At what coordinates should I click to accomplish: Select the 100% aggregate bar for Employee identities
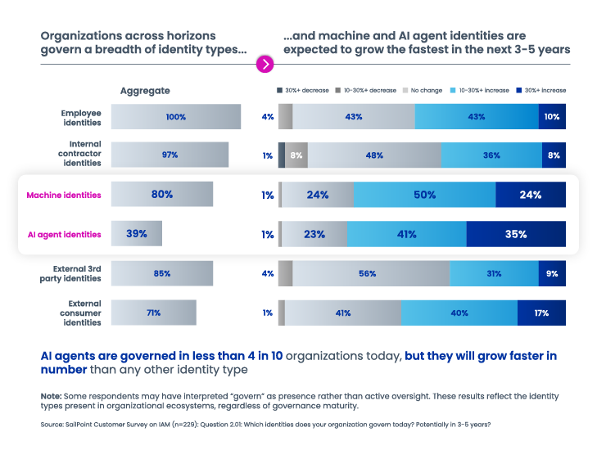tap(175, 117)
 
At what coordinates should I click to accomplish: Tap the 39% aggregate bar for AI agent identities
tap(136, 234)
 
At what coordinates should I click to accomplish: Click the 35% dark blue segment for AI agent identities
tap(516, 234)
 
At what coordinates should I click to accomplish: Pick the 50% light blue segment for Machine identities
tap(424, 195)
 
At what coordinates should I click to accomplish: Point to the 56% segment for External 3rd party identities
tap(371, 273)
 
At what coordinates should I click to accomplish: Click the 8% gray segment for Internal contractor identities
tap(296, 155)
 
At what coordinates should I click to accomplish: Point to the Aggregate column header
tap(145, 91)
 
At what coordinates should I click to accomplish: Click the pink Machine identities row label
tap(64, 195)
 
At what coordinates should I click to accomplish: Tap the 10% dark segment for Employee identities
tap(552, 117)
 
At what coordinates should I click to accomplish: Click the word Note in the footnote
tap(51, 395)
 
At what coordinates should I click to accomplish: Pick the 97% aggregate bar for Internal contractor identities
tap(170, 155)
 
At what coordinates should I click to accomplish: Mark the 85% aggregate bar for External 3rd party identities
tap(161, 273)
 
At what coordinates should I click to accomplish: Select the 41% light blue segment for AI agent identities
tap(406, 234)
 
